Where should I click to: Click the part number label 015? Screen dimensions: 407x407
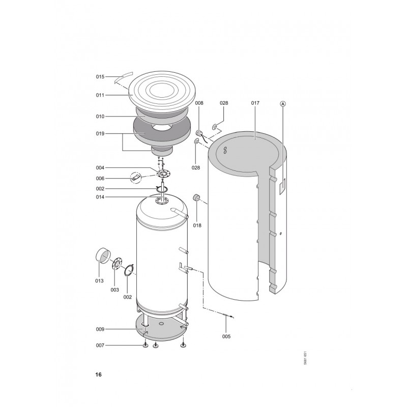(x=100, y=77)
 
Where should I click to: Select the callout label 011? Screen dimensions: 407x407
(x=100, y=95)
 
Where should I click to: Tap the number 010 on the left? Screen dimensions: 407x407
(x=100, y=117)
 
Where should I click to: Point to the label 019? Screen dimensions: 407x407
(x=100, y=134)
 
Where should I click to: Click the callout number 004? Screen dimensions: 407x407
(x=100, y=168)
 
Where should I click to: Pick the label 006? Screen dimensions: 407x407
(x=100, y=179)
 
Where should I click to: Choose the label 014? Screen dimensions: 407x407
(x=100, y=197)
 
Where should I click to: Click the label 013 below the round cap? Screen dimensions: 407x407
(x=99, y=281)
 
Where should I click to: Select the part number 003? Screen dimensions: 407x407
(x=114, y=290)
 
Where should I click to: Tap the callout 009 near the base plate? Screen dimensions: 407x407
(x=100, y=329)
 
